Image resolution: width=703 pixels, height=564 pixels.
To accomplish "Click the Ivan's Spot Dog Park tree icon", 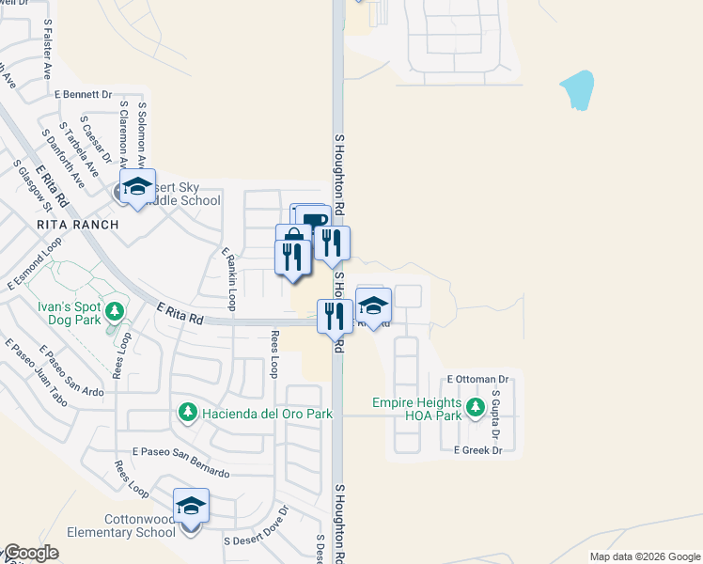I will coord(114,310).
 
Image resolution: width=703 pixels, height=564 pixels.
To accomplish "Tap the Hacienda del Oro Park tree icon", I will coord(187,413).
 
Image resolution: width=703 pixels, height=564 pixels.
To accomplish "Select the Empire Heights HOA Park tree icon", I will coord(476,407).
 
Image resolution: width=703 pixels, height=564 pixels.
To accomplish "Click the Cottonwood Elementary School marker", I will coord(191,507).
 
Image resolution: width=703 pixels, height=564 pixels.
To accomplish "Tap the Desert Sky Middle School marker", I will coord(137,187).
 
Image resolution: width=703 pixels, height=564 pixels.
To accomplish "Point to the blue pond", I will coord(578,90).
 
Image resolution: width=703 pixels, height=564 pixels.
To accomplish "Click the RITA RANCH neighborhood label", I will coord(78,225).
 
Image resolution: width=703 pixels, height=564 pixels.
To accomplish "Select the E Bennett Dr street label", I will coord(83,95).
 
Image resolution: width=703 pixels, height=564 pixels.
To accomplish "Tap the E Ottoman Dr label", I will coord(477,379).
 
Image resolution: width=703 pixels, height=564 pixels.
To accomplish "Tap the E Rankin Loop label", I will coord(228,279).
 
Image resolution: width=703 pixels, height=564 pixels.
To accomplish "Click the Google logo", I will coord(30,553).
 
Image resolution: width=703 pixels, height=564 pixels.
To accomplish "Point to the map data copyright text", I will coord(646,556).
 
